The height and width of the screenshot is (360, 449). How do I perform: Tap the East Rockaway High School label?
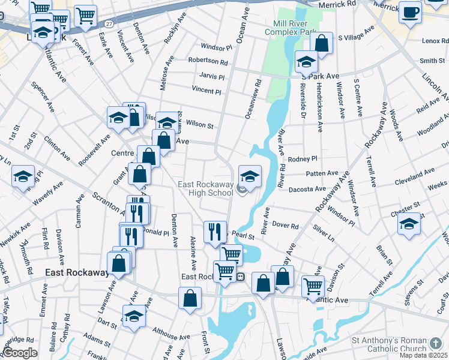205,188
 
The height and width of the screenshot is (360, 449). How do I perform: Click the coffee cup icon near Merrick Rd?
411,12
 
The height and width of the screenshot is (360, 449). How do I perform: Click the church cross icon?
436,344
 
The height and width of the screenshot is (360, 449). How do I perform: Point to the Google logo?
20,353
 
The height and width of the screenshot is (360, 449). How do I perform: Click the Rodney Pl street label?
302,159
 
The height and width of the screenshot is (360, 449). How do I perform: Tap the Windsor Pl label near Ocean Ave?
216,47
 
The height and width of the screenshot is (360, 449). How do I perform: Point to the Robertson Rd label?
208,61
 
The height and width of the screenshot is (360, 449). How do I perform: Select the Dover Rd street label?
286,226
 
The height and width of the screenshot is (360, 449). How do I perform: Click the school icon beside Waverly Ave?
23,176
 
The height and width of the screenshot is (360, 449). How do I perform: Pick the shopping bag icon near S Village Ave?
322,44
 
